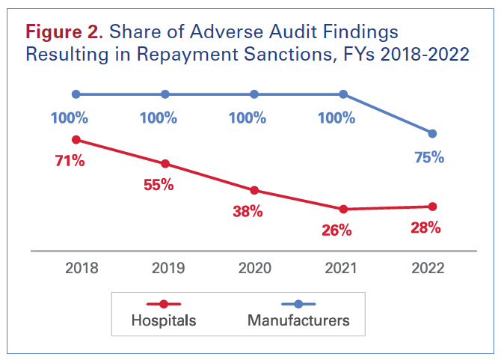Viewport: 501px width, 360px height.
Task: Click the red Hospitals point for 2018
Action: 76,140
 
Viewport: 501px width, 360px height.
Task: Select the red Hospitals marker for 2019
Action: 165,164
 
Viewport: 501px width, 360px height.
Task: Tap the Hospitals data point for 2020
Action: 254,190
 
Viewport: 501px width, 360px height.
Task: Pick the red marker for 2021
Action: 343,209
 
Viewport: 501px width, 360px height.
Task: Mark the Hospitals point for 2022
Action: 432,207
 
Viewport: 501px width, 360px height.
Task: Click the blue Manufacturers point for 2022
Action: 432,133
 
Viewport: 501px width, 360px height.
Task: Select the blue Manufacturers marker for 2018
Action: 76,94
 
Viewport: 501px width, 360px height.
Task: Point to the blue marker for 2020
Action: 254,94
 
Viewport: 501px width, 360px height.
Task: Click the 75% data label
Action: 429,157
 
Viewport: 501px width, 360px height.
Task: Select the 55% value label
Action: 159,185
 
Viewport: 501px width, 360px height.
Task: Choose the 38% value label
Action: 248,212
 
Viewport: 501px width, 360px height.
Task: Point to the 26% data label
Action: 336,231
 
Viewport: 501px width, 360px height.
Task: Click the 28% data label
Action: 425,228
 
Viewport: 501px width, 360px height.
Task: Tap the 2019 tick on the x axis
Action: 165,269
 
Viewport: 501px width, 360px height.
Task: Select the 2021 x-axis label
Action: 343,269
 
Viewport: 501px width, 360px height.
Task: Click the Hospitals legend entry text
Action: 164,320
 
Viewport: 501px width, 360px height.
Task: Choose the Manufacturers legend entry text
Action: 298,320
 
